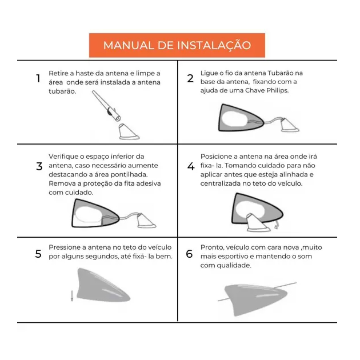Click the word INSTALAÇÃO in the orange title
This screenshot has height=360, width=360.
(214, 45)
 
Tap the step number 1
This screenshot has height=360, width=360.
(38, 78)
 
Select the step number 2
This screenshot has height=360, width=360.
(190, 78)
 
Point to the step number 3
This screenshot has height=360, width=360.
(39, 166)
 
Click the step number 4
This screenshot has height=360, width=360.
(191, 166)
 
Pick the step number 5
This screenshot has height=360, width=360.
(38, 254)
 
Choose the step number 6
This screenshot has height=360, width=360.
(189, 254)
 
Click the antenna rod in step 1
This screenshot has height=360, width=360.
(106, 105)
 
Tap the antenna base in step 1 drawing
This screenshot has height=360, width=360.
(129, 132)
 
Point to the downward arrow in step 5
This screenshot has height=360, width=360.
(72, 296)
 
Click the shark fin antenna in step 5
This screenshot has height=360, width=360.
(103, 285)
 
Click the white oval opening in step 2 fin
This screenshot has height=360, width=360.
(235, 119)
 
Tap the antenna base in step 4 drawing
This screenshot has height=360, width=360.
(259, 222)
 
